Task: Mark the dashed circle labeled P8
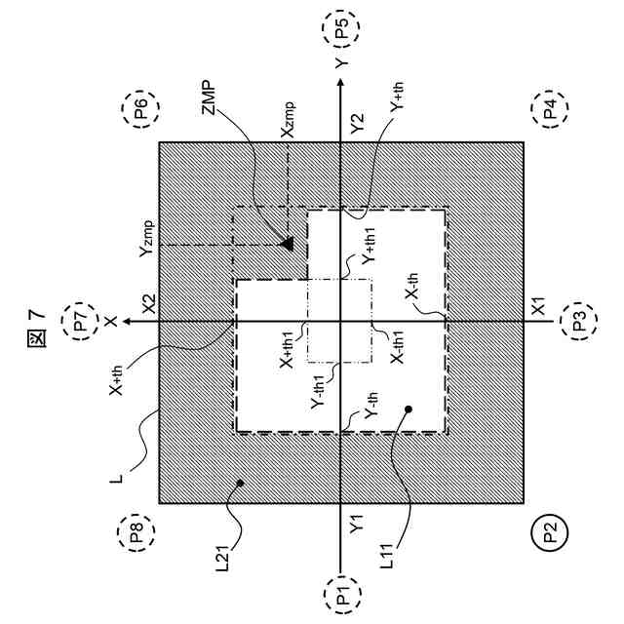click(x=135, y=533)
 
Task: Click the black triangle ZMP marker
click(x=288, y=243)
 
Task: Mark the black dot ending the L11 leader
click(x=409, y=409)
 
